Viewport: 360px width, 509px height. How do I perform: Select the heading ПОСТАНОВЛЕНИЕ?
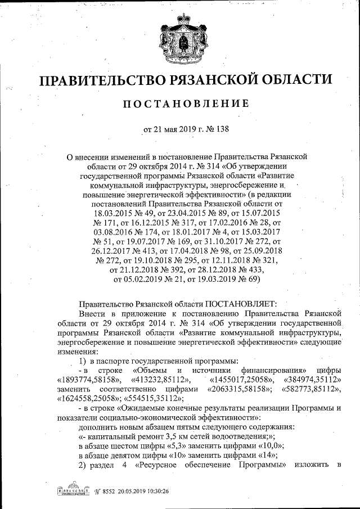coord(180,103)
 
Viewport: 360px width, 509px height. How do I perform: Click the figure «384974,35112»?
coord(314,380)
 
